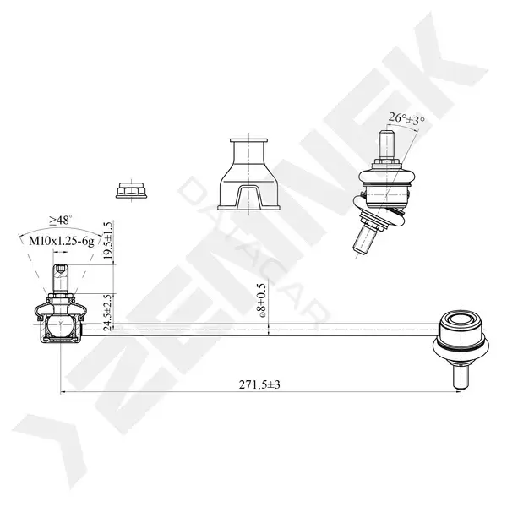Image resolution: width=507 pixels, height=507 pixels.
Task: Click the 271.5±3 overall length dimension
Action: click(x=259, y=384)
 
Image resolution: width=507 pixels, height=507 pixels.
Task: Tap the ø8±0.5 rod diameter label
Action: click(x=261, y=300)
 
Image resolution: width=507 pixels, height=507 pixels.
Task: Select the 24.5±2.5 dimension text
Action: click(x=108, y=313)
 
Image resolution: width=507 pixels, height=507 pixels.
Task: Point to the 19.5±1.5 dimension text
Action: click(x=108, y=240)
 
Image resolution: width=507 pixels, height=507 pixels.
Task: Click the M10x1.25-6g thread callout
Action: click(x=62, y=241)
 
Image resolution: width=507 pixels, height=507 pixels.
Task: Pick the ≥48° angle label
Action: click(x=61, y=221)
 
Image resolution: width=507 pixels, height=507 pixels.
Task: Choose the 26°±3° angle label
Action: click(x=406, y=118)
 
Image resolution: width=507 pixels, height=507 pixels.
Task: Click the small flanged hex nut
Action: click(x=131, y=190)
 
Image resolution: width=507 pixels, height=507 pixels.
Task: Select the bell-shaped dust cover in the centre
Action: click(x=248, y=175)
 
